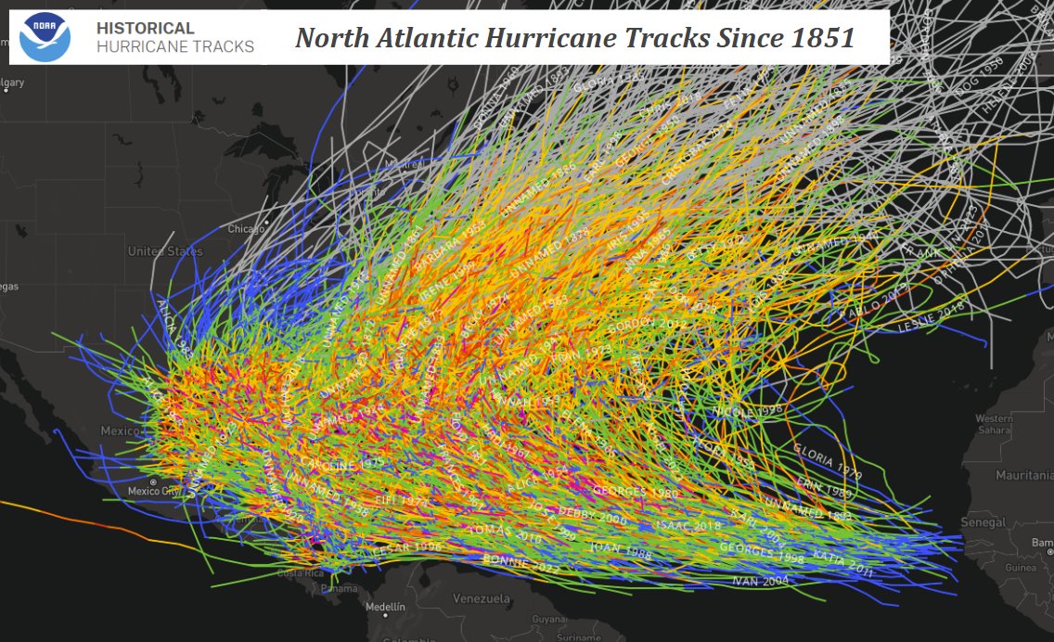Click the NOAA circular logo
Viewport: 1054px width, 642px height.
45,38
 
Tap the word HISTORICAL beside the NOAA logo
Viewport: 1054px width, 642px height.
146,29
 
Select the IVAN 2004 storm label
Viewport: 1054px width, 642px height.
760,581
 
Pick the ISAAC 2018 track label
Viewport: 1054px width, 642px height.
688,525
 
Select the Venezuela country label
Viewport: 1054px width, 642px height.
482,597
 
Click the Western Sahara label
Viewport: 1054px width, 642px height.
994,424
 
